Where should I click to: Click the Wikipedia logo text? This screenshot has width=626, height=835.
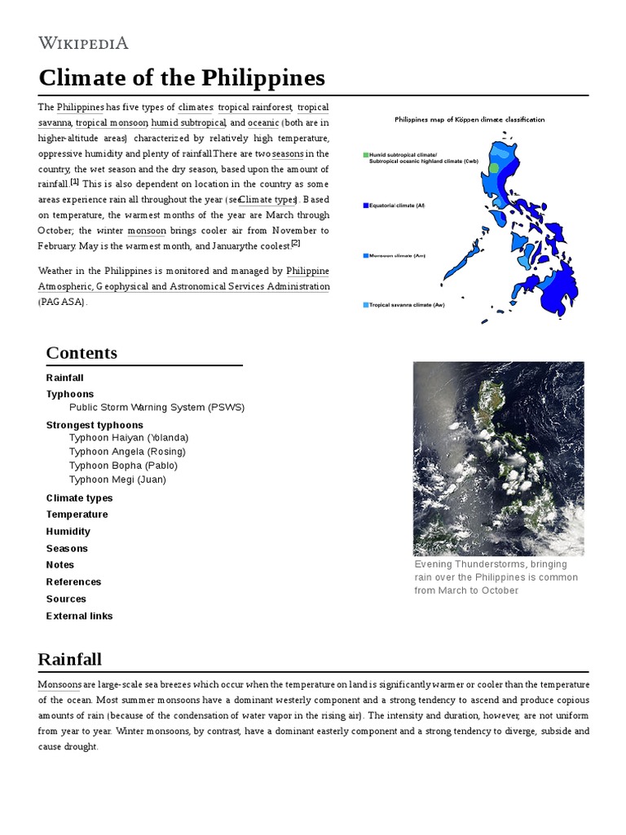pos(83,43)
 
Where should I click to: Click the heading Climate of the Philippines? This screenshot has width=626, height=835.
pos(182,78)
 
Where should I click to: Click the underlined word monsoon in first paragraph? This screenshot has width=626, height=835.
pos(146,231)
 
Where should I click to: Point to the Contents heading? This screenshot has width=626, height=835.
pos(82,353)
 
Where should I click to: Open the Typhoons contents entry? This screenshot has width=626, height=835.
pos(70,394)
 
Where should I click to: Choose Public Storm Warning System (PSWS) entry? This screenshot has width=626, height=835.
pos(156,408)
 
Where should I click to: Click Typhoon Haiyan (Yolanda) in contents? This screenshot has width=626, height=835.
pos(129,438)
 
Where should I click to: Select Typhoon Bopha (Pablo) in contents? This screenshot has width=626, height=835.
pos(123,466)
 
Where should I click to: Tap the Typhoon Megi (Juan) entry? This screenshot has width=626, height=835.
pos(117,479)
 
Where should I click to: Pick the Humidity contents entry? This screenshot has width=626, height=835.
pos(68,532)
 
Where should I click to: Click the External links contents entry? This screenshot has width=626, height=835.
pos(79,616)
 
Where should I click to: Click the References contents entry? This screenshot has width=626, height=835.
pos(73,582)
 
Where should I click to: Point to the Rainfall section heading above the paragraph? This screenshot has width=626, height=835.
pos(70,659)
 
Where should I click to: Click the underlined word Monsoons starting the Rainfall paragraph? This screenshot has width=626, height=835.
pos(60,685)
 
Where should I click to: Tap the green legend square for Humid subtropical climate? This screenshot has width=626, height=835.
pos(366,154)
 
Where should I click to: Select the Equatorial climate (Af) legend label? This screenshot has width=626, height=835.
pos(397,205)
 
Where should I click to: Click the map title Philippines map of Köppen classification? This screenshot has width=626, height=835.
pos(469,119)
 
